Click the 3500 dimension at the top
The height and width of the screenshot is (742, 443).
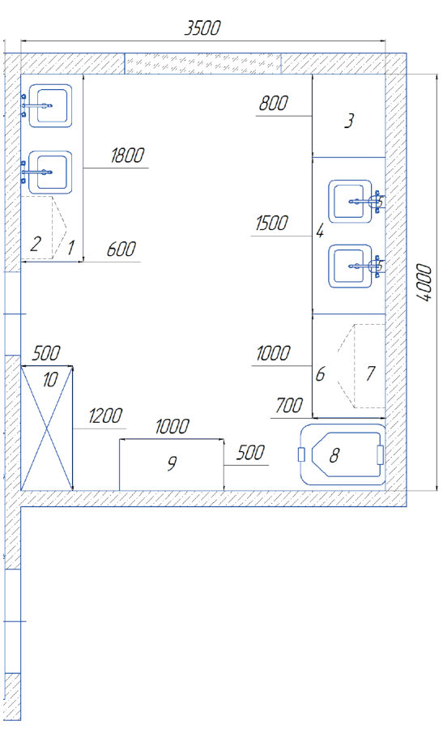[x=202, y=28]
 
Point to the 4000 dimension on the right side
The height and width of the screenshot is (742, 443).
[x=425, y=283]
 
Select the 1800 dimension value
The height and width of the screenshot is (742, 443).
[x=127, y=156]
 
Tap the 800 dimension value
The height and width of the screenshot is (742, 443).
[x=273, y=103]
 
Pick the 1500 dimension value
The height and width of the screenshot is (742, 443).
[x=271, y=224]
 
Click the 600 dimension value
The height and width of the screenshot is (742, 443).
[x=121, y=249]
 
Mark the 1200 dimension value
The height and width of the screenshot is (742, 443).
[x=105, y=416]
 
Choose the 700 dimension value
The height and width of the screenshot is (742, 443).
[x=289, y=406]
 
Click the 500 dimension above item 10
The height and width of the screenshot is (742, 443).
[x=46, y=353]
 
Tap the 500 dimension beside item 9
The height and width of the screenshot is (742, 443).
[x=250, y=453]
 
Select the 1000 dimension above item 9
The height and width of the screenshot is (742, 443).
[x=173, y=426]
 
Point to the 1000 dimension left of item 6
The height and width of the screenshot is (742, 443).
[x=273, y=353]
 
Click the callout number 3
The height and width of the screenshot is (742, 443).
[x=349, y=122]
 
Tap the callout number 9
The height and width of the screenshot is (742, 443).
[x=172, y=463]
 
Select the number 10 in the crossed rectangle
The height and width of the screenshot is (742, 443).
[x=50, y=380]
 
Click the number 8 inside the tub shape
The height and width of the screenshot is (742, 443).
[x=334, y=455]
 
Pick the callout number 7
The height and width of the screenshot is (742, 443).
[x=371, y=373]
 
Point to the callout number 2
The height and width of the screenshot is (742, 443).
[x=36, y=244]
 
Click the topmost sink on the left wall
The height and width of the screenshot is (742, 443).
[x=48, y=106]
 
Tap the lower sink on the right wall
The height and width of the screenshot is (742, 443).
[x=354, y=266]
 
